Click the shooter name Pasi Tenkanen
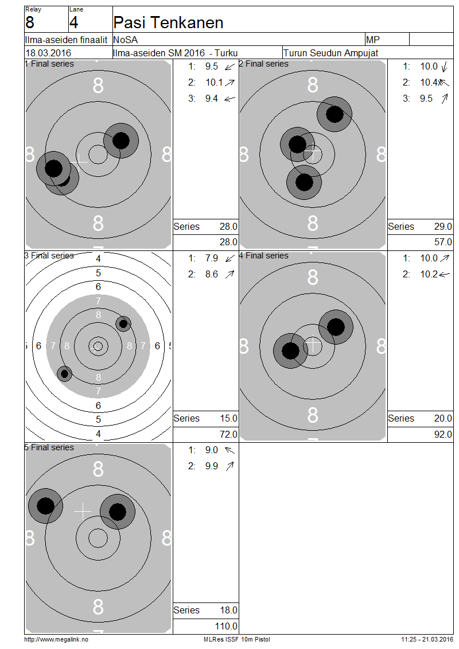(168, 22)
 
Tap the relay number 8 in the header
(30, 22)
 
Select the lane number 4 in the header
(74, 22)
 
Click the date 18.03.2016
(48, 53)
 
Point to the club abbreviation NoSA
(125, 40)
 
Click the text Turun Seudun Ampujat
(331, 53)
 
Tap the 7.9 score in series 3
(212, 258)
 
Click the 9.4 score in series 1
(212, 99)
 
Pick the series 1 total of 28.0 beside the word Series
(228, 226)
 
